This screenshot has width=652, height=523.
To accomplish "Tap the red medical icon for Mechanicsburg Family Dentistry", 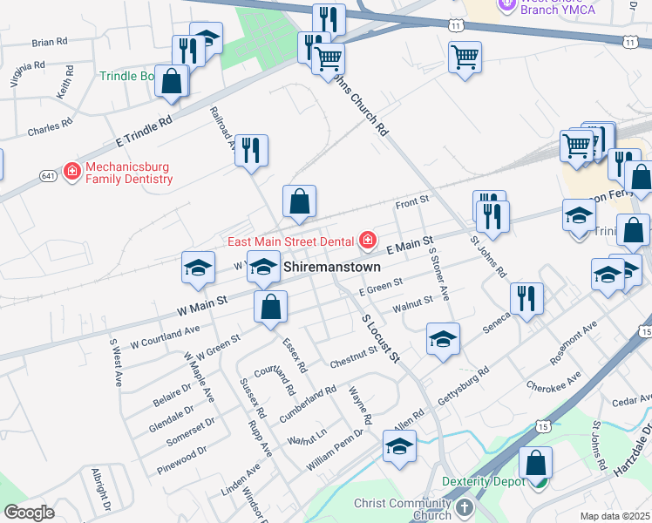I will (x=71, y=170).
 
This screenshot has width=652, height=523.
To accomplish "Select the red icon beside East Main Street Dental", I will (x=368, y=240).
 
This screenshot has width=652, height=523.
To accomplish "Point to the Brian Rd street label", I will (x=49, y=42).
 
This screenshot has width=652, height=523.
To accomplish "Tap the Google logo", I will (x=29, y=513).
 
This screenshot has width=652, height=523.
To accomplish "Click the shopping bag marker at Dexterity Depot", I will (x=536, y=464).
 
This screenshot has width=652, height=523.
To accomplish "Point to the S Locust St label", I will (x=381, y=338).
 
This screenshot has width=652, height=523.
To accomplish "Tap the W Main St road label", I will (x=201, y=303).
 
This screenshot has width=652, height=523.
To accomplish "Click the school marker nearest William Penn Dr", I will (x=399, y=448).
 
